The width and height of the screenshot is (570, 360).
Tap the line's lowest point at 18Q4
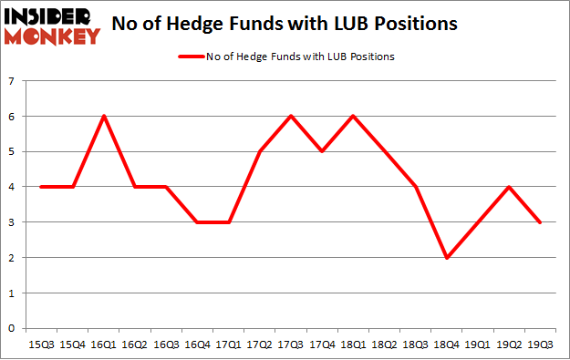447,258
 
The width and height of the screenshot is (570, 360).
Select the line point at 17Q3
291,116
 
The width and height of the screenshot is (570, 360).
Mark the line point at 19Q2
509,187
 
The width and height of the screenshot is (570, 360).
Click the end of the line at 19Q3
540,222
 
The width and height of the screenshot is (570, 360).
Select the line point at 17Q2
260,151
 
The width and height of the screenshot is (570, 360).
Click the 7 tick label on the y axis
13,81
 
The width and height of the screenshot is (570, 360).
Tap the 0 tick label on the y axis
13,329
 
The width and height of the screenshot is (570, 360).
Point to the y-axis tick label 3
13,222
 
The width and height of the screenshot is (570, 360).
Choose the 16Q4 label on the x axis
198,345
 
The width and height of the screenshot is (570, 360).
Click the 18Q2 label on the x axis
384,345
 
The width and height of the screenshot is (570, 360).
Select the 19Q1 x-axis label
477,345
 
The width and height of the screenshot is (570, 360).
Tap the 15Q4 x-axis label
74,345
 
